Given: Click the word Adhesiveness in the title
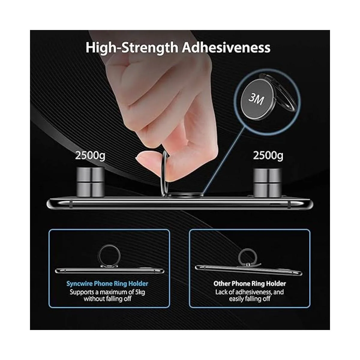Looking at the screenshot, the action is click(226, 47).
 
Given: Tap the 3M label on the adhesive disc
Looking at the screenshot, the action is click(256, 99).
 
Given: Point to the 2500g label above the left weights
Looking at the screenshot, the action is click(90, 156).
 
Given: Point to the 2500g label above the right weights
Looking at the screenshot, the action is click(268, 156).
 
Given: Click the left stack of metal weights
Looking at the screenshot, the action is click(91, 182).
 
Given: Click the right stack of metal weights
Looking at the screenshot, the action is click(267, 182).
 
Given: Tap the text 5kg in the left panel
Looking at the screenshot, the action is click(140, 292).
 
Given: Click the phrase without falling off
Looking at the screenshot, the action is click(107, 299).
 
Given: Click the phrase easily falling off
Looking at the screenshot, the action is click(249, 299).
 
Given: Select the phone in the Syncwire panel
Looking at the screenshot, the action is click(110, 271).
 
